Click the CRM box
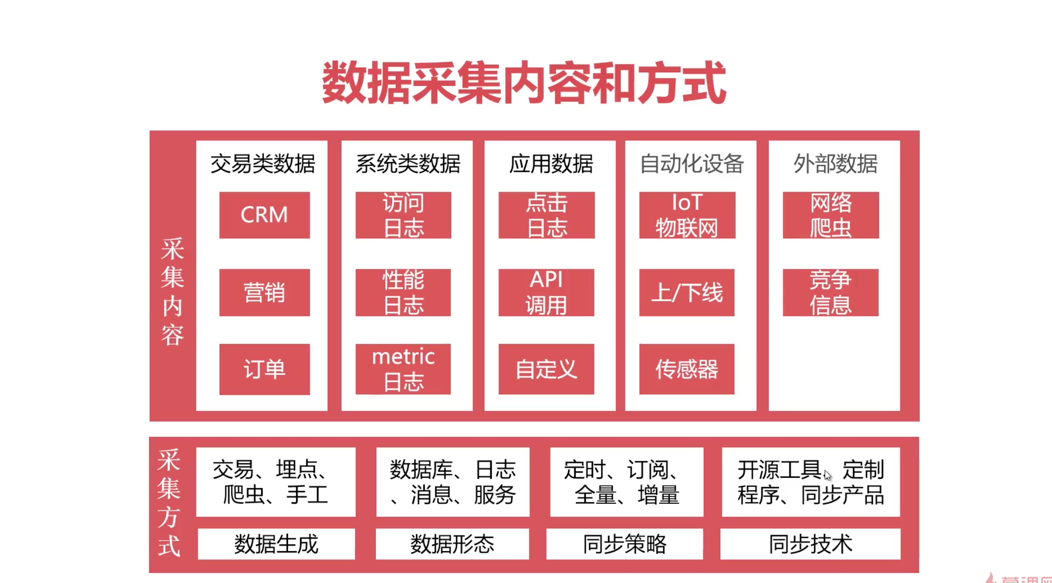(264, 215)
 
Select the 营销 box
(264, 292)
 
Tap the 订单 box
(264, 369)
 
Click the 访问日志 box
(403, 215)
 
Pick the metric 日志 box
(403, 369)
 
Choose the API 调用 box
(546, 292)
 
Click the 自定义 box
(546, 369)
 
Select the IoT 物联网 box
(687, 215)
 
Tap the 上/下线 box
(687, 292)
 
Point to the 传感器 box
(687, 369)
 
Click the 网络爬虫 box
(831, 215)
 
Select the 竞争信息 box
(831, 292)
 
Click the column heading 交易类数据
(263, 164)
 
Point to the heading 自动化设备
(692, 164)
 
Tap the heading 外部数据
(835, 164)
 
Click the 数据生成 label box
(276, 544)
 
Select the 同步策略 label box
(624, 544)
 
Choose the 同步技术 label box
(810, 544)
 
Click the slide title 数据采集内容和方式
(524, 83)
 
